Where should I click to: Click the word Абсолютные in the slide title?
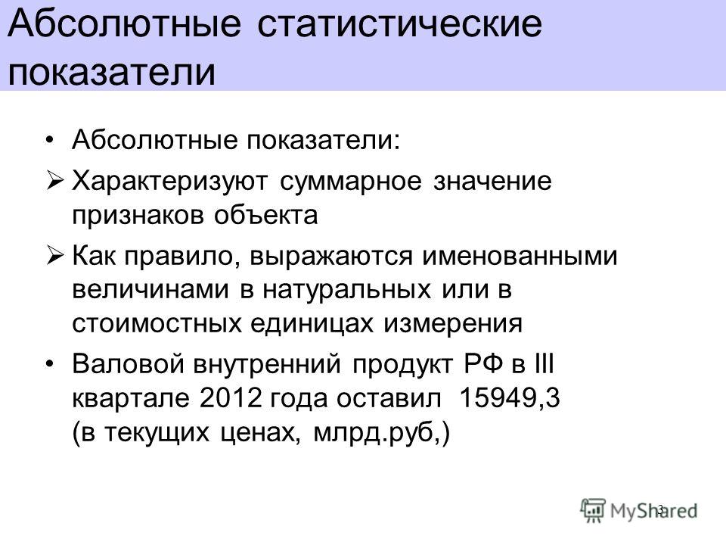(x=124, y=23)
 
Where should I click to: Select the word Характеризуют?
(x=170, y=181)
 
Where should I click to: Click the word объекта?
(x=265, y=215)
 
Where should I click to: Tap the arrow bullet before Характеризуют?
(x=54, y=180)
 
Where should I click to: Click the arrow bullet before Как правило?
(x=54, y=255)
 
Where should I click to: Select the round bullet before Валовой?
(x=50, y=363)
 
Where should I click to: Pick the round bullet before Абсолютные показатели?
(x=50, y=139)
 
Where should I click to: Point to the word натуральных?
(x=347, y=290)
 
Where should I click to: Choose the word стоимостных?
(x=157, y=323)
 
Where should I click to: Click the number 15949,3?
(x=510, y=397)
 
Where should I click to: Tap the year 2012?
(x=231, y=397)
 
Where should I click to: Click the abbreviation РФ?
(x=484, y=363)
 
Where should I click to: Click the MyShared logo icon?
(x=593, y=511)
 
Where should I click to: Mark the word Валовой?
(x=129, y=363)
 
